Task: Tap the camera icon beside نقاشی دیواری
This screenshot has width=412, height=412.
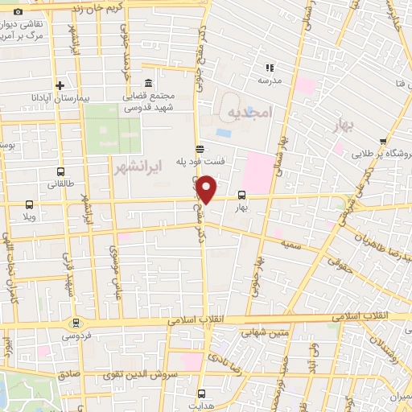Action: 18,11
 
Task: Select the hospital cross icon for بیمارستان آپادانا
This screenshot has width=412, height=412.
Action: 60,84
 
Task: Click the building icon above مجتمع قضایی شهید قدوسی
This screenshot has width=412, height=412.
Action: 149,84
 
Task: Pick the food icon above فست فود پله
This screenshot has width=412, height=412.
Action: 200,148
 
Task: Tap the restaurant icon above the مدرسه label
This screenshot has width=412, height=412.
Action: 270,68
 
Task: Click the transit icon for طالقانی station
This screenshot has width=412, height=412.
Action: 61,171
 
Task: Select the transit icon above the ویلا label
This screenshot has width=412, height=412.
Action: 30,204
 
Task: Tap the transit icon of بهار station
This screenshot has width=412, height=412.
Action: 242,195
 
